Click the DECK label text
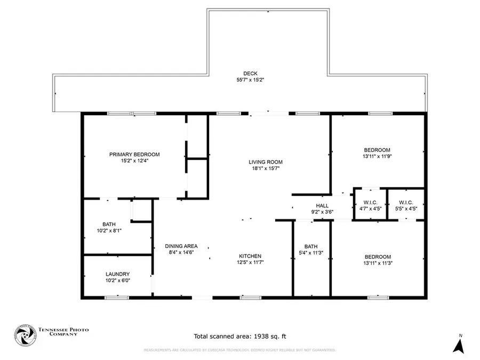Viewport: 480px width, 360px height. pyautogui.click(x=250, y=74)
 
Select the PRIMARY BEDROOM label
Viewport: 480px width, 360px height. pyautogui.click(x=134, y=155)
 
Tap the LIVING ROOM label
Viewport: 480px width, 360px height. pyautogui.click(x=265, y=162)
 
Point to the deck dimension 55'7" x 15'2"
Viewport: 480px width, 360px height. pyautogui.click(x=250, y=80)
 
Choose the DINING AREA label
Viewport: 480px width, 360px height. pyautogui.click(x=181, y=246)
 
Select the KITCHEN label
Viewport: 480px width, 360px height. pyautogui.click(x=250, y=256)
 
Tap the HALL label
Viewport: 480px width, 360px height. pyautogui.click(x=322, y=205)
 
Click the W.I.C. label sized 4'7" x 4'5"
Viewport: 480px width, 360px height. pyautogui.click(x=370, y=203)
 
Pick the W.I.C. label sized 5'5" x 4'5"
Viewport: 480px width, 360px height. pyautogui.click(x=405, y=203)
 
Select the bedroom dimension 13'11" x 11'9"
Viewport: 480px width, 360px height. pyautogui.click(x=377, y=156)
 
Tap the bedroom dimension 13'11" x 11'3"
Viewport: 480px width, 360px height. pyautogui.click(x=377, y=263)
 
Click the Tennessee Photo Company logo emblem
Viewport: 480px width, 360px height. pyautogui.click(x=23, y=335)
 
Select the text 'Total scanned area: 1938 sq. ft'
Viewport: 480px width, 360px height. pyautogui.click(x=239, y=336)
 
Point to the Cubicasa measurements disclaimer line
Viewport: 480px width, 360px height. pyautogui.click(x=239, y=350)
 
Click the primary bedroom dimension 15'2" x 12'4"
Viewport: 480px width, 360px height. pyautogui.click(x=134, y=161)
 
